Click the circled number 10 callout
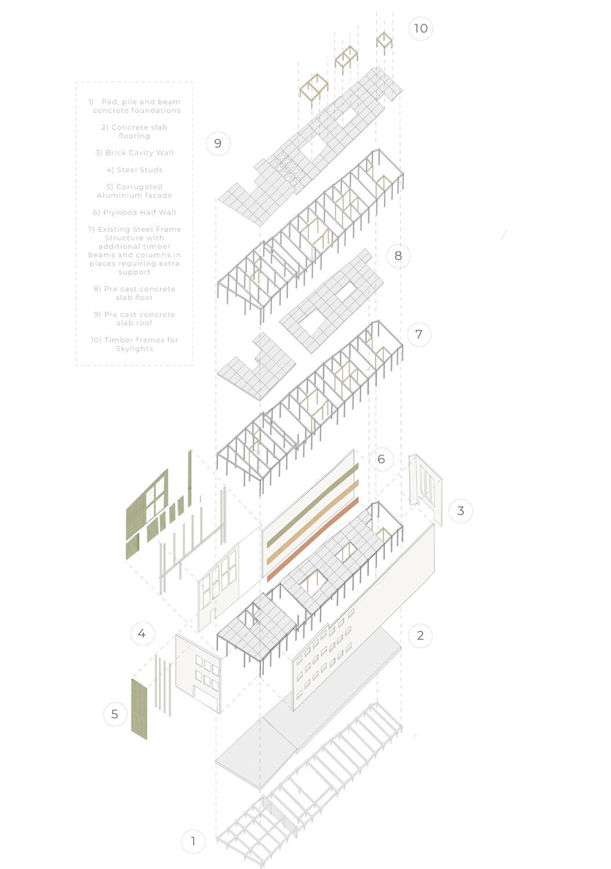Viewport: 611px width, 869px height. pyautogui.click(x=421, y=28)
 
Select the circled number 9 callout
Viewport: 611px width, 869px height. pyautogui.click(x=218, y=143)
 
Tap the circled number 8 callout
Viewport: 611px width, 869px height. pyautogui.click(x=398, y=256)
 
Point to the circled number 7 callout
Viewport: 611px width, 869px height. pyautogui.click(x=419, y=334)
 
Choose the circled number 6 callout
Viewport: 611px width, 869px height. pyautogui.click(x=381, y=459)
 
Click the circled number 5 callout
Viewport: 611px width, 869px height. pyautogui.click(x=115, y=714)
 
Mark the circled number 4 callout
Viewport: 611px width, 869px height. pyautogui.click(x=142, y=634)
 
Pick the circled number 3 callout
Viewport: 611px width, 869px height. pyautogui.click(x=461, y=511)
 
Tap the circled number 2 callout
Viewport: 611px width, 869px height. pyautogui.click(x=420, y=635)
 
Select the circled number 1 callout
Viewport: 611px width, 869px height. pyautogui.click(x=193, y=841)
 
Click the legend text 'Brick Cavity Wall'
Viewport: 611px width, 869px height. pyautogui.click(x=134, y=153)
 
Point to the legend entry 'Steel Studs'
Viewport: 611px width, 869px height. pyautogui.click(x=134, y=170)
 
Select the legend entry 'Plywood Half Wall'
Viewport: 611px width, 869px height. pyautogui.click(x=134, y=213)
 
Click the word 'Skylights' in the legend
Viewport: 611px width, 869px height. pyautogui.click(x=134, y=348)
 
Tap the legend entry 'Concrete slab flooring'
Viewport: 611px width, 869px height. pyautogui.click(x=134, y=132)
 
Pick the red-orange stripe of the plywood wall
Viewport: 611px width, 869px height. pyautogui.click(x=313, y=539)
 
